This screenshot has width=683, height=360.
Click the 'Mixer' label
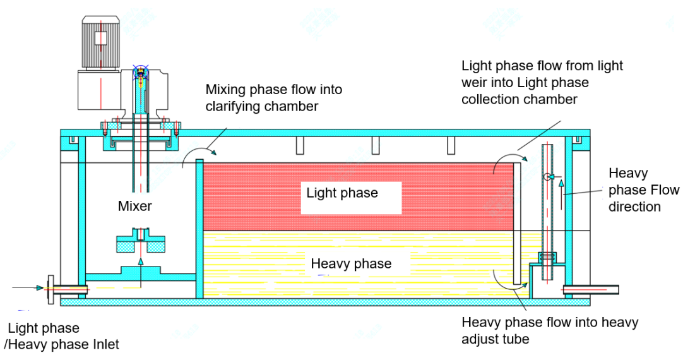(x=134, y=206)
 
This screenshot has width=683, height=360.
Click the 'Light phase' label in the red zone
(x=342, y=193)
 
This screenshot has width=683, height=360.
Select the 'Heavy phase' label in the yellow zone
(x=351, y=263)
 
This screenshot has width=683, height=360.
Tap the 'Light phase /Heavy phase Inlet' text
(x=62, y=336)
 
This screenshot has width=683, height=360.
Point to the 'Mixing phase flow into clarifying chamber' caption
(x=273, y=97)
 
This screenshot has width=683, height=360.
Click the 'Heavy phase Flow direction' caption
(x=643, y=189)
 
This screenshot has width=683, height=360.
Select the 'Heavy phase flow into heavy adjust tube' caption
(x=549, y=330)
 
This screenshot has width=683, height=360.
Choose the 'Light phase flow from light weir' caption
(x=542, y=82)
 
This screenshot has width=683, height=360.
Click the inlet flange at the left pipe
(x=50, y=288)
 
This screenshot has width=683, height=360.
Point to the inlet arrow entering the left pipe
(x=29, y=288)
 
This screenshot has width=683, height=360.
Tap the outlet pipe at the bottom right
(x=587, y=289)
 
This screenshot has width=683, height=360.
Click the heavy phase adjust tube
(x=547, y=208)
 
